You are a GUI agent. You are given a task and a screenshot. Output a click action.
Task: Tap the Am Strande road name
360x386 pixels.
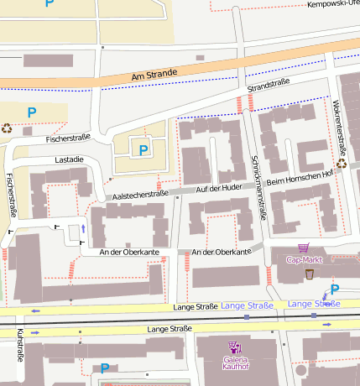tap(154, 75)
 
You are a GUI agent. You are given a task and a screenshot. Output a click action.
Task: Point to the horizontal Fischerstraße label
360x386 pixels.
tap(68, 138)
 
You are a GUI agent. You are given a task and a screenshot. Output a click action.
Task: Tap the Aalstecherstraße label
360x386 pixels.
tap(140, 194)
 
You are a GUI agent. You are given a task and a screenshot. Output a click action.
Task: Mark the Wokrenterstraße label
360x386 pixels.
tap(339, 128)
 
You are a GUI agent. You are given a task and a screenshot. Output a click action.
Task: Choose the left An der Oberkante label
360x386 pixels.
tap(129, 252)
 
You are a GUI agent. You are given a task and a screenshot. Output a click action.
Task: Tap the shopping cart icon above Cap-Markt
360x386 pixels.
tap(303, 248)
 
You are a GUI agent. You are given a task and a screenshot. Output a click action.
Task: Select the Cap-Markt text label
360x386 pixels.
tap(304, 259)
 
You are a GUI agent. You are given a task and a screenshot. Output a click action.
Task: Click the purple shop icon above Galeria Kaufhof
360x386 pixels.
tap(234, 347)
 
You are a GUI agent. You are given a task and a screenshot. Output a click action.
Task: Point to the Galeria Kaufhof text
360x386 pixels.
tap(236, 363)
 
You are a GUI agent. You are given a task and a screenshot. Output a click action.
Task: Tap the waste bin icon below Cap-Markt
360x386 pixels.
tap(310, 274)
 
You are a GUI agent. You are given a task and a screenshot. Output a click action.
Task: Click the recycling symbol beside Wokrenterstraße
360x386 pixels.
tap(341, 164)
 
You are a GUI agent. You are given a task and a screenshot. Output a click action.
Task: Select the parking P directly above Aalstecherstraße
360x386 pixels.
tap(143, 150)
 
